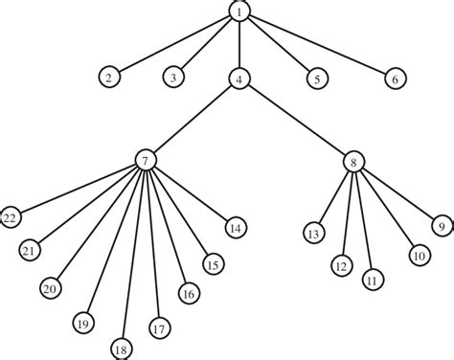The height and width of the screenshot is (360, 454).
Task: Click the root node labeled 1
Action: coord(238,11)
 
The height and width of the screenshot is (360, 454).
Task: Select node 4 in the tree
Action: coord(238,79)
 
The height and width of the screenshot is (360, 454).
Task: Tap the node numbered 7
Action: coord(144,162)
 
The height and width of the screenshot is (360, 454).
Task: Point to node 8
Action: coord(353,162)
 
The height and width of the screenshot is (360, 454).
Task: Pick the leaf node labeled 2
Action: coord(111,78)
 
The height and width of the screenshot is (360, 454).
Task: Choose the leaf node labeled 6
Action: coord(394,79)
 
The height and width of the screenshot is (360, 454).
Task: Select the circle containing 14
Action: coord(235,227)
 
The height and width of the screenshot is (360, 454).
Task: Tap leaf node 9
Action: coord(442,227)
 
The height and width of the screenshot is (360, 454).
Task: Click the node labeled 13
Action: coord(312,233)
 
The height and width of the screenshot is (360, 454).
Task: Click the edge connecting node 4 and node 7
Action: coord(192,120)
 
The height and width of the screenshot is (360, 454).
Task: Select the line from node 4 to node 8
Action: coord(296,120)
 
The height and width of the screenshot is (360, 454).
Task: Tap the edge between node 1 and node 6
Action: coord(316,45)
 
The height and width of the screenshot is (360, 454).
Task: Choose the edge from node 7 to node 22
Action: coord(77,189)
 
